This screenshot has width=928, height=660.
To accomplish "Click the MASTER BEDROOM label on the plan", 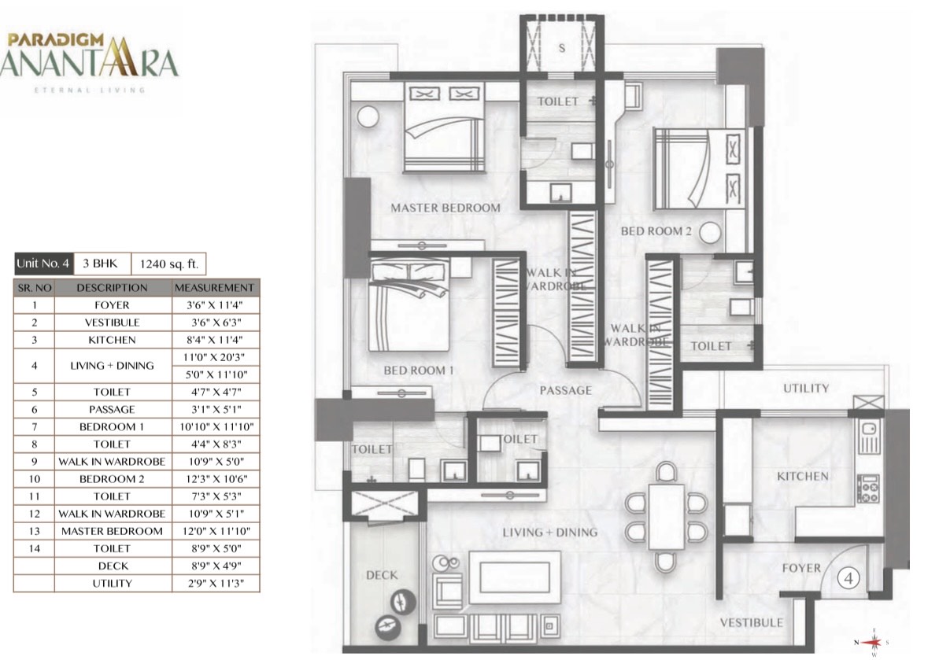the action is pos(445,208).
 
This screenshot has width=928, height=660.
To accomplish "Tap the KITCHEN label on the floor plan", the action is pos(803,476).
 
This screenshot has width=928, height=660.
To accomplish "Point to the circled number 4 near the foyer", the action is pos(849,578).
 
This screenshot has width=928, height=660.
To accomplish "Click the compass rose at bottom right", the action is pos(871,642).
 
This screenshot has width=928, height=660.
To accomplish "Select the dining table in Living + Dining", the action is pos(667,518).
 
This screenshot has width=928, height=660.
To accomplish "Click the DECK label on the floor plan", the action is pos(382,575).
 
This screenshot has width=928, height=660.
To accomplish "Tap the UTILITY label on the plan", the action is pos(806,389).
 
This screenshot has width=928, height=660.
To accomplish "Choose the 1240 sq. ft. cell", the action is pos(168,264).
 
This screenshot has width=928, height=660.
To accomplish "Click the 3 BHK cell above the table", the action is pos(101,264).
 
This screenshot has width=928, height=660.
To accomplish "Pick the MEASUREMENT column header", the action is pos(214,288).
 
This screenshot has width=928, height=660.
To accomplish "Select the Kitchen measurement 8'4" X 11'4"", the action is pos(214,340).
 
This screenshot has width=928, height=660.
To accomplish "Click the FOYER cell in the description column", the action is pos(112,305).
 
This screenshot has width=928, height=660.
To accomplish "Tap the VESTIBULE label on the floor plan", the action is pos(751,623).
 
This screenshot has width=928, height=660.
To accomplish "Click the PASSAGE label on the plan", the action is pos(565,390).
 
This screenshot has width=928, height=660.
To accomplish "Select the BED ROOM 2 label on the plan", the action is pos(656,231).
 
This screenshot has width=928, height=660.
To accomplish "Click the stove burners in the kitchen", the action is pos(869,489).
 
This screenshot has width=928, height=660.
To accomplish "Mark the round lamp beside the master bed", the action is pos(368,116).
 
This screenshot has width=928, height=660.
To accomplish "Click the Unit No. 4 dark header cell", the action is pos(43,264).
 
